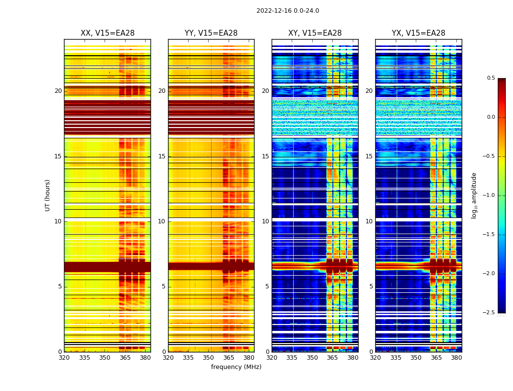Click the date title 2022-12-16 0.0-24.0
287,11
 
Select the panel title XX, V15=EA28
107,33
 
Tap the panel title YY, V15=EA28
211,33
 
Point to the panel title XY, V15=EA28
315,33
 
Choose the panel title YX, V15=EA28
418,33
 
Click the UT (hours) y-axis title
48,195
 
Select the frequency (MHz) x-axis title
236,367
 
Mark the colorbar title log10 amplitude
474,195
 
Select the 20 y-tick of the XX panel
58,91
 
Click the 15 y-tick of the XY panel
265,156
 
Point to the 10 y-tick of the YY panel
162,221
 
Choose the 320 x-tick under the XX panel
64,358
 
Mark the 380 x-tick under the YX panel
456,358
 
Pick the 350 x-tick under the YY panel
209,358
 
